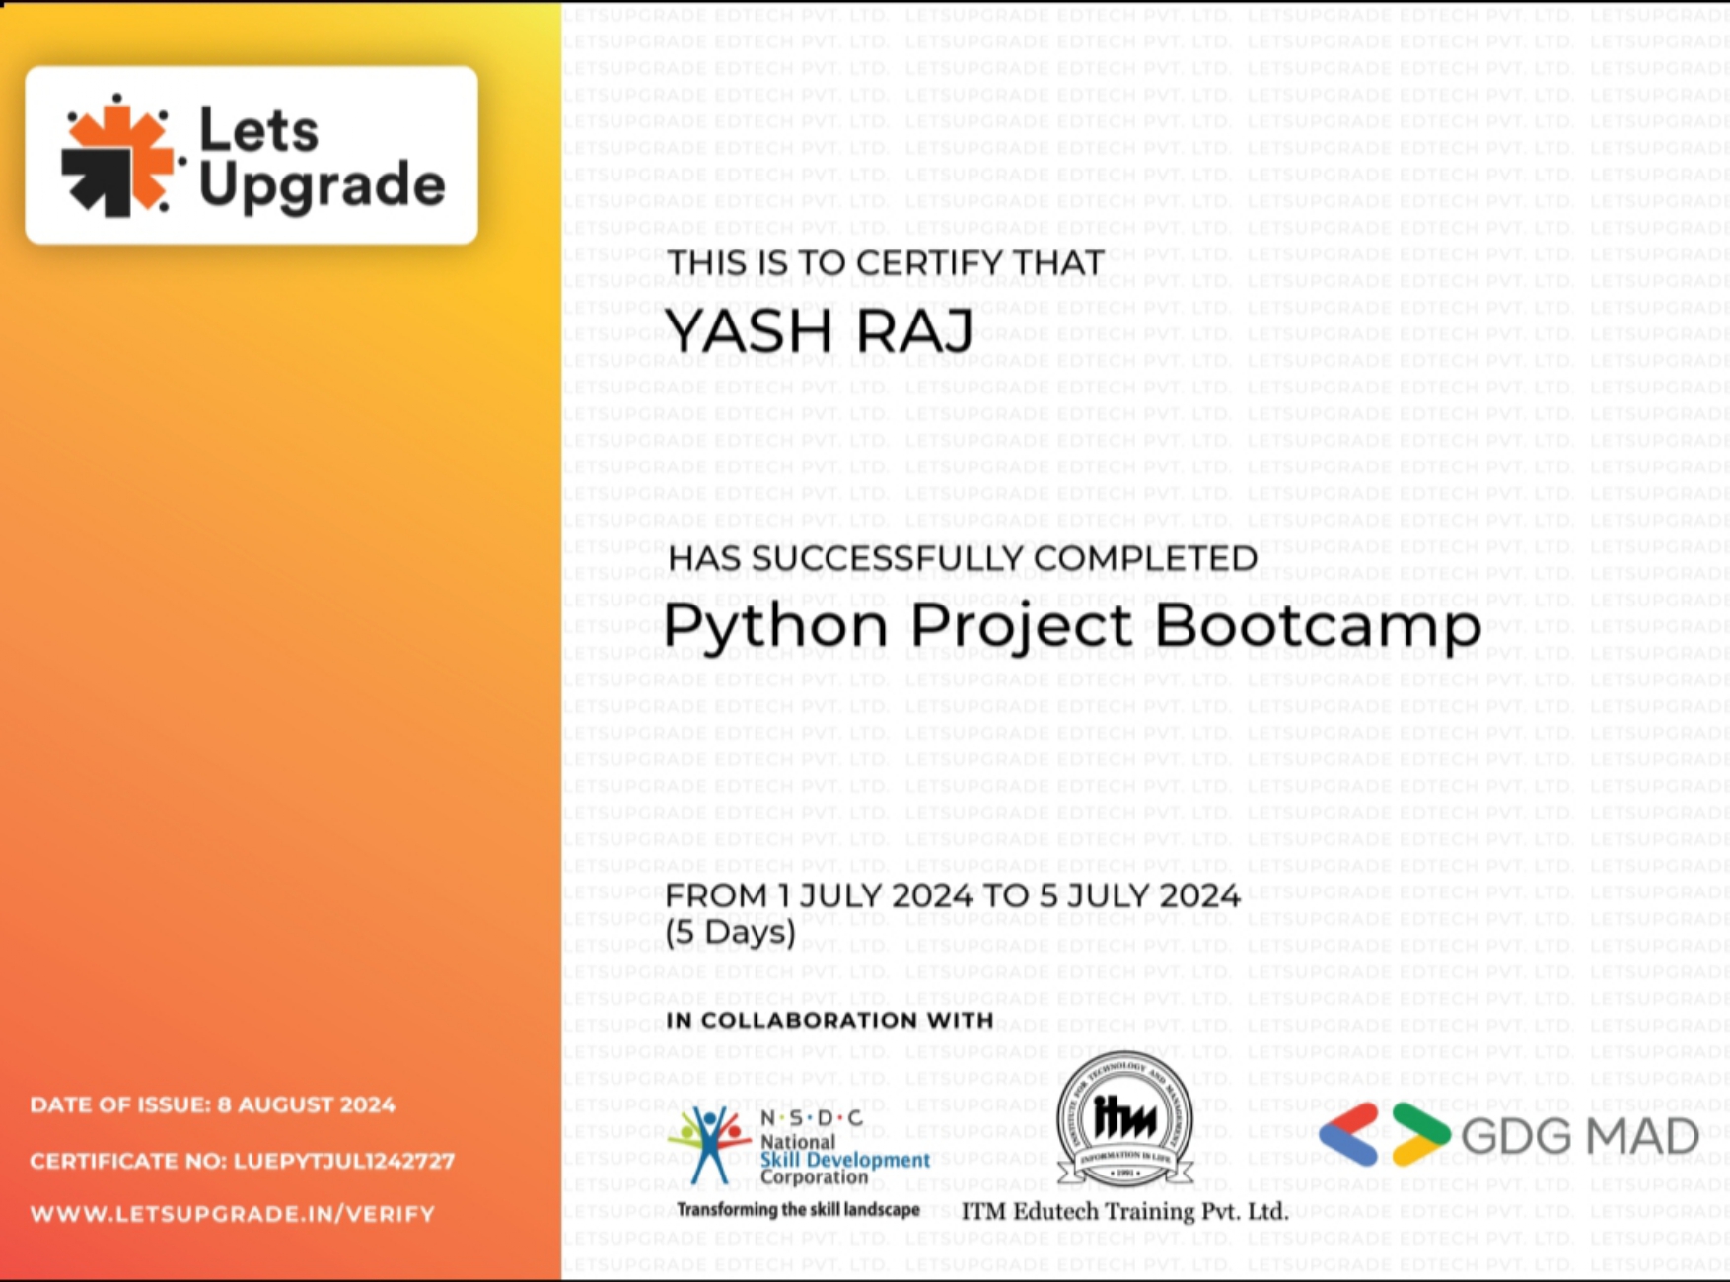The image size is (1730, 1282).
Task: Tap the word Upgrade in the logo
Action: [322, 185]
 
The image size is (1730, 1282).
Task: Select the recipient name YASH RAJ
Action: [820, 329]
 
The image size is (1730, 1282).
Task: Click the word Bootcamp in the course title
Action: [1318, 626]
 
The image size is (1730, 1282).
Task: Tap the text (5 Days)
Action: [731, 932]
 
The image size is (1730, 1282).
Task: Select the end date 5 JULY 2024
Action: [1139, 895]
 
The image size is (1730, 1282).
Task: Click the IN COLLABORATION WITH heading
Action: [829, 1020]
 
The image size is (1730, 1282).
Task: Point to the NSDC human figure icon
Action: [708, 1144]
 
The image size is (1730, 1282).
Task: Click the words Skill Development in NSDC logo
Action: [845, 1160]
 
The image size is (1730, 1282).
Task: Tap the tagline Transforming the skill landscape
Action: [798, 1210]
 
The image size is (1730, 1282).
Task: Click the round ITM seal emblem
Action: [1124, 1119]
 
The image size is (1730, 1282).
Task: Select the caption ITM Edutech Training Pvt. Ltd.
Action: [1125, 1211]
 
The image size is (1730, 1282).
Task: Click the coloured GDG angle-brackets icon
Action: [1385, 1134]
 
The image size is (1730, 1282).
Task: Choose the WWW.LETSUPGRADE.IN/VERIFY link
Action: [233, 1214]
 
